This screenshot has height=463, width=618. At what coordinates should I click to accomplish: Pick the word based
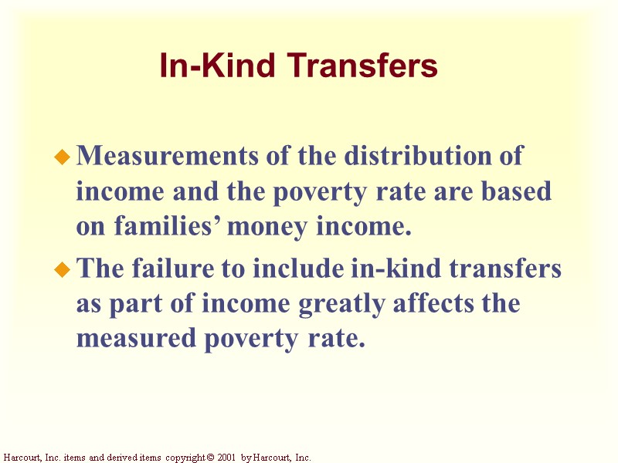point(517,192)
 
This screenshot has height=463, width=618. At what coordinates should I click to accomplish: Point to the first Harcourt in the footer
point(19,458)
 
